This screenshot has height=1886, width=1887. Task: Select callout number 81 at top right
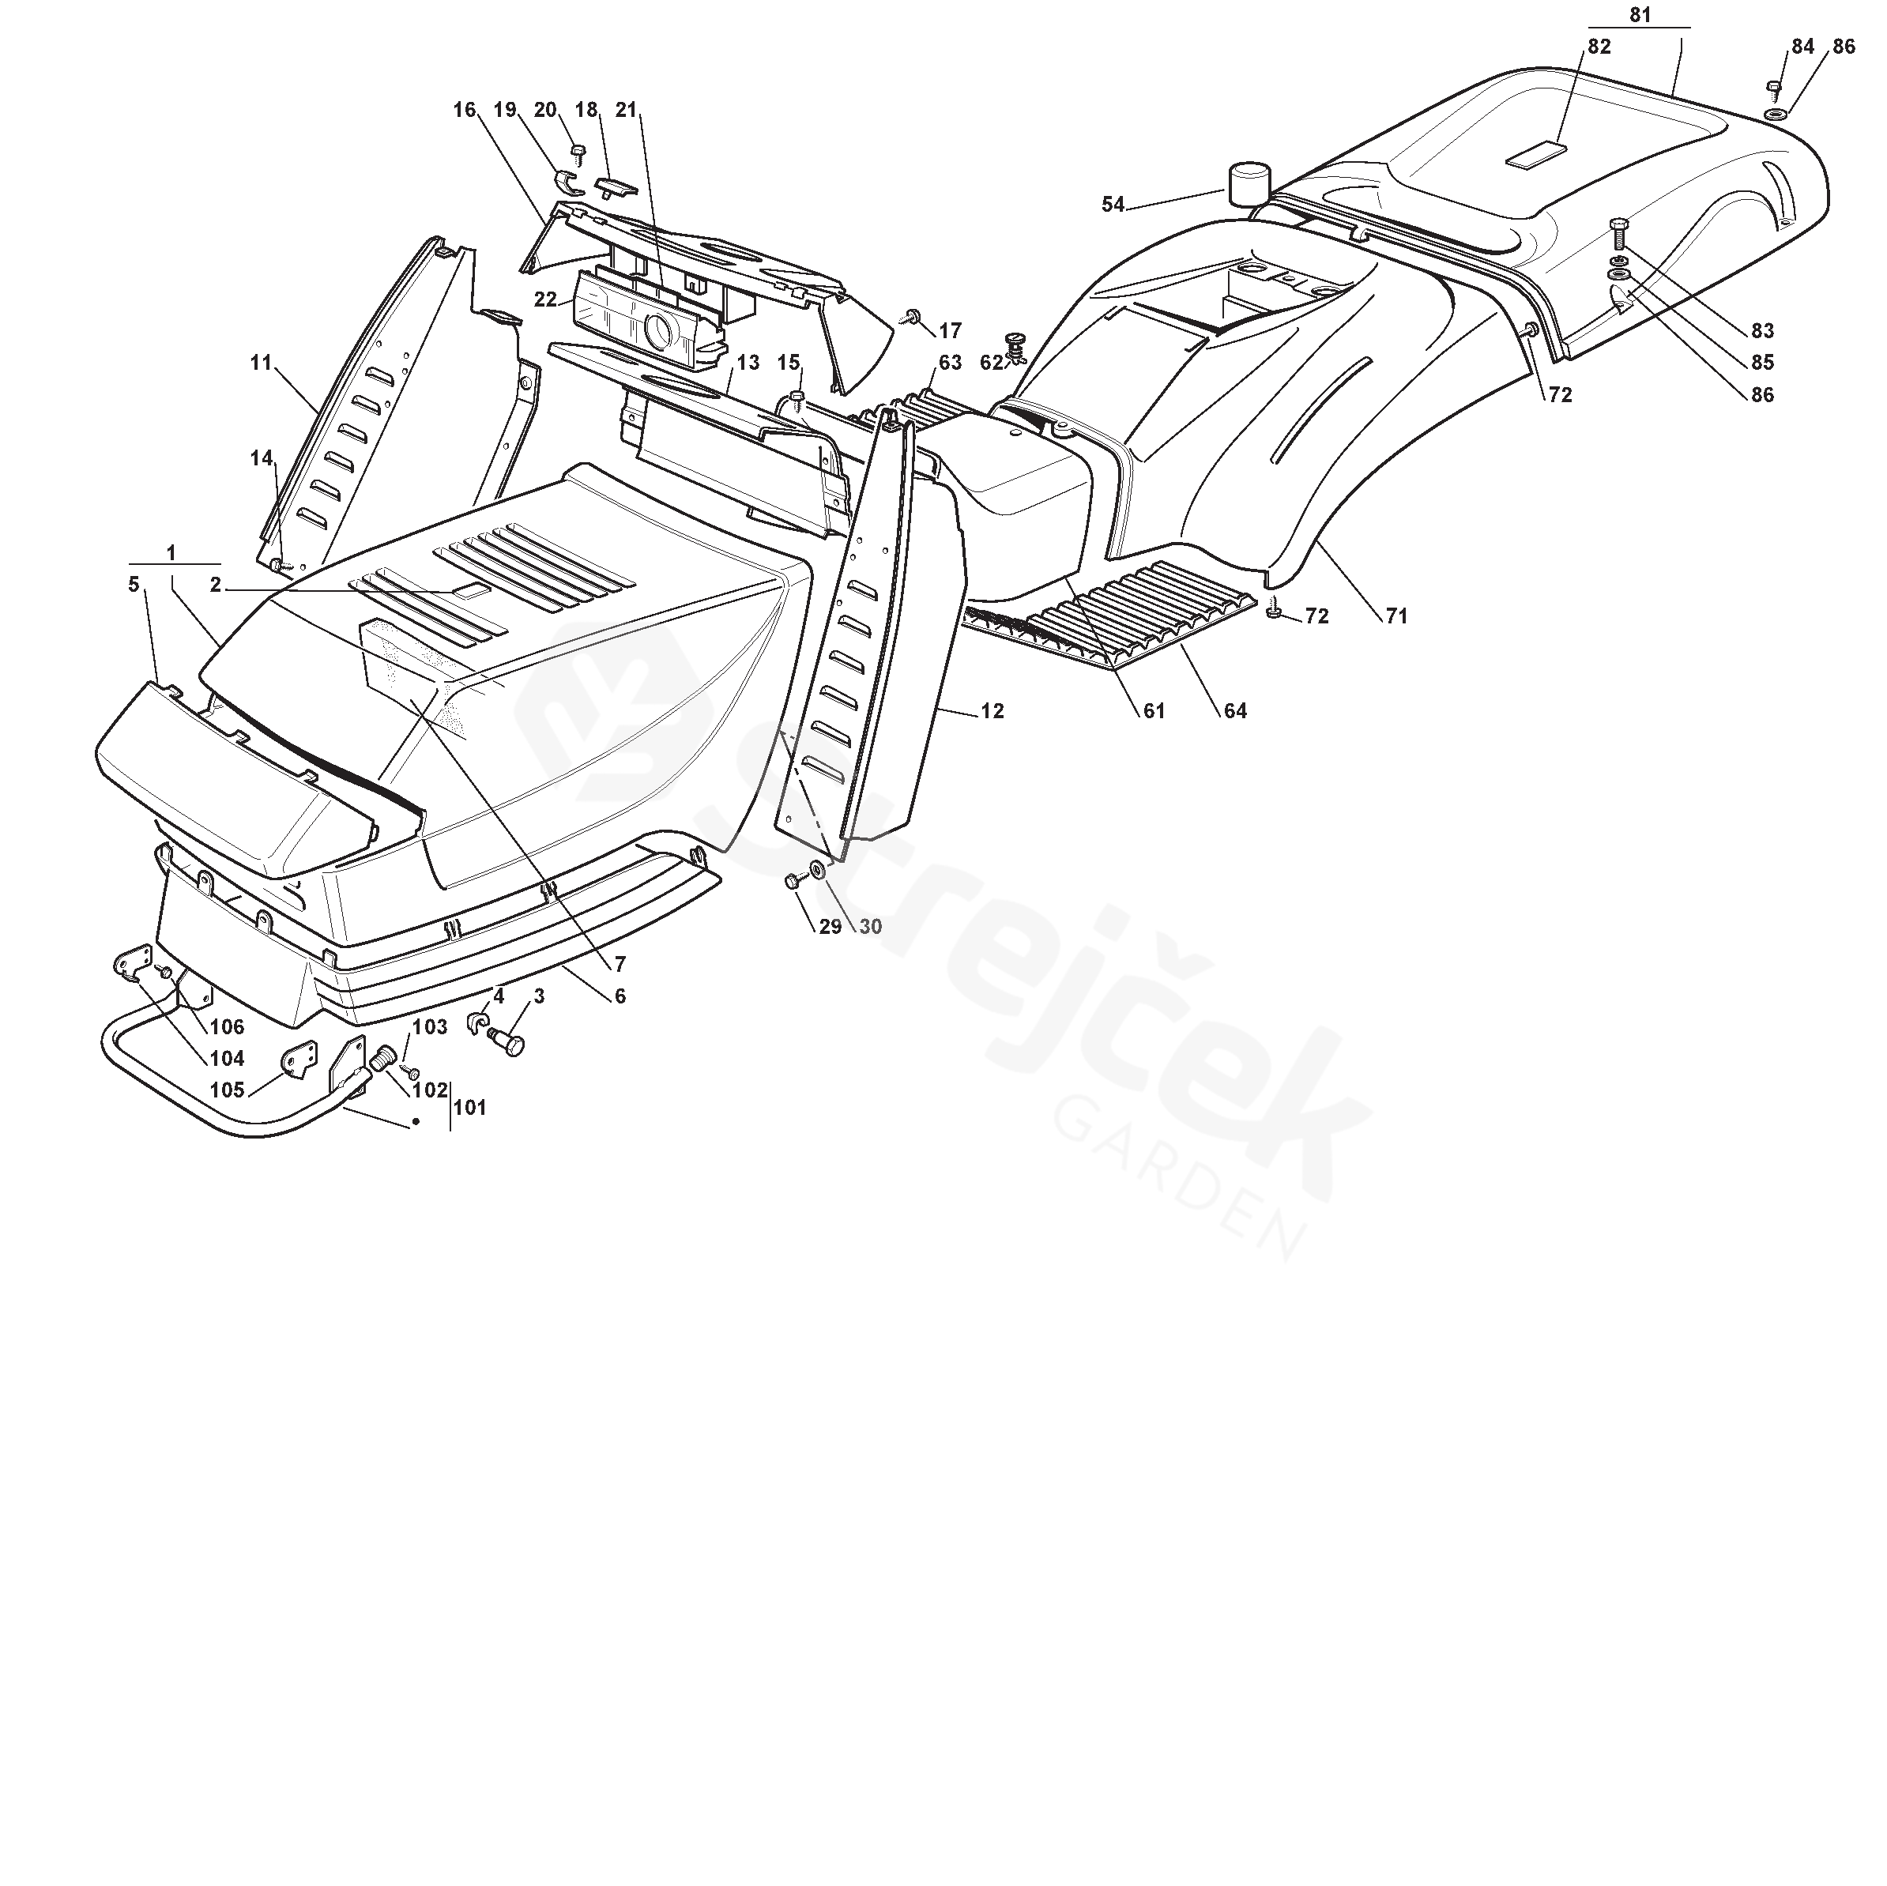(1640, 16)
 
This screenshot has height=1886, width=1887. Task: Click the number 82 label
(1599, 46)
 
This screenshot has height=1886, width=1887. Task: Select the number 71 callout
(1397, 615)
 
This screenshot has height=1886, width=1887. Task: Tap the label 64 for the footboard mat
(1236, 711)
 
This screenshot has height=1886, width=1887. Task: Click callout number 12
(992, 711)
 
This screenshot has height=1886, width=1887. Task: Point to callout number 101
(470, 1108)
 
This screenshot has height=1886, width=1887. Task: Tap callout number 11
(261, 363)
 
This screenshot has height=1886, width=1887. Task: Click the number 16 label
(464, 109)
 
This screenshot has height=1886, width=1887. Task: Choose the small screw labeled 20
(577, 152)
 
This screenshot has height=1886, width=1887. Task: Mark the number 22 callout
(545, 299)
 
